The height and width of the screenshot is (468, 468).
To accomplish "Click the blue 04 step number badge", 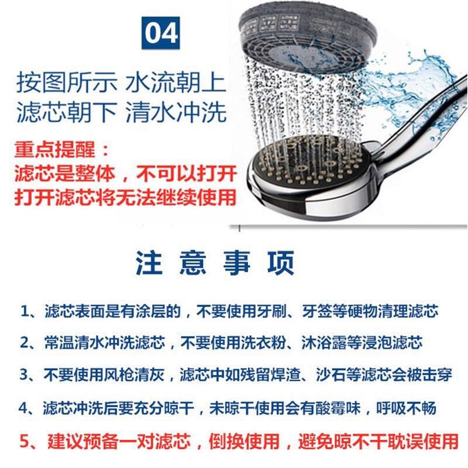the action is pos(160,33).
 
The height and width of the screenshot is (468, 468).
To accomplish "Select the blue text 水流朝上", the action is pos(175,82).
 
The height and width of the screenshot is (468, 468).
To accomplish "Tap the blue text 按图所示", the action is pos(66,82).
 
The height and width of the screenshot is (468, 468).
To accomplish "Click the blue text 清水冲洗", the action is pos(175,112).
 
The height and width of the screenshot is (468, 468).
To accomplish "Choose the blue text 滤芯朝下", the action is pos(66,112).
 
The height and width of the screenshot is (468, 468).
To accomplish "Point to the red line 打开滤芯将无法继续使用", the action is pos(125,197).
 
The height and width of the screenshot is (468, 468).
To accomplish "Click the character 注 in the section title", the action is pos(149,263).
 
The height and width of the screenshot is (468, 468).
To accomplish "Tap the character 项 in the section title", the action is pos(281,263).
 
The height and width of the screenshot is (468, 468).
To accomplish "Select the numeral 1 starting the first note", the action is pos(25,311).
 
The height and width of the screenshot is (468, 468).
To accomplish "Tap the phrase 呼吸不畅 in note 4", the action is pos(406,407).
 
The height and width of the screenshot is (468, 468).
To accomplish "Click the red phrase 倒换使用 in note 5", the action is pos(244,441).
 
